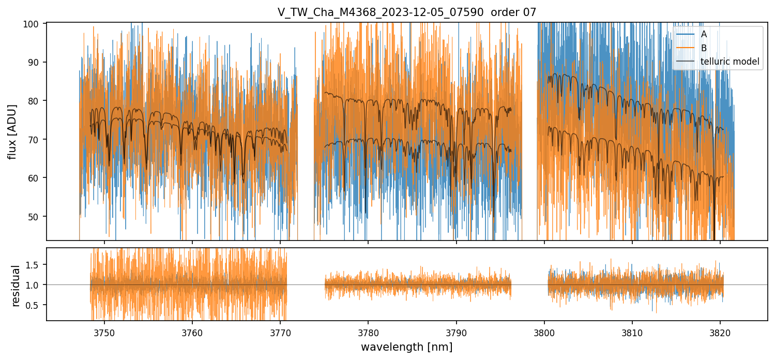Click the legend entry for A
tap(704, 34)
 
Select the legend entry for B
tap(704, 48)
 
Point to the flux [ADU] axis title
tap(12, 131)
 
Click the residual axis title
tap(16, 285)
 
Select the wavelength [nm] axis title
tap(406, 347)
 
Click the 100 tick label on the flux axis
tap(36, 24)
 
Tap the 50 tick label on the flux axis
tap(38, 216)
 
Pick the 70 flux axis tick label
tap(38, 139)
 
